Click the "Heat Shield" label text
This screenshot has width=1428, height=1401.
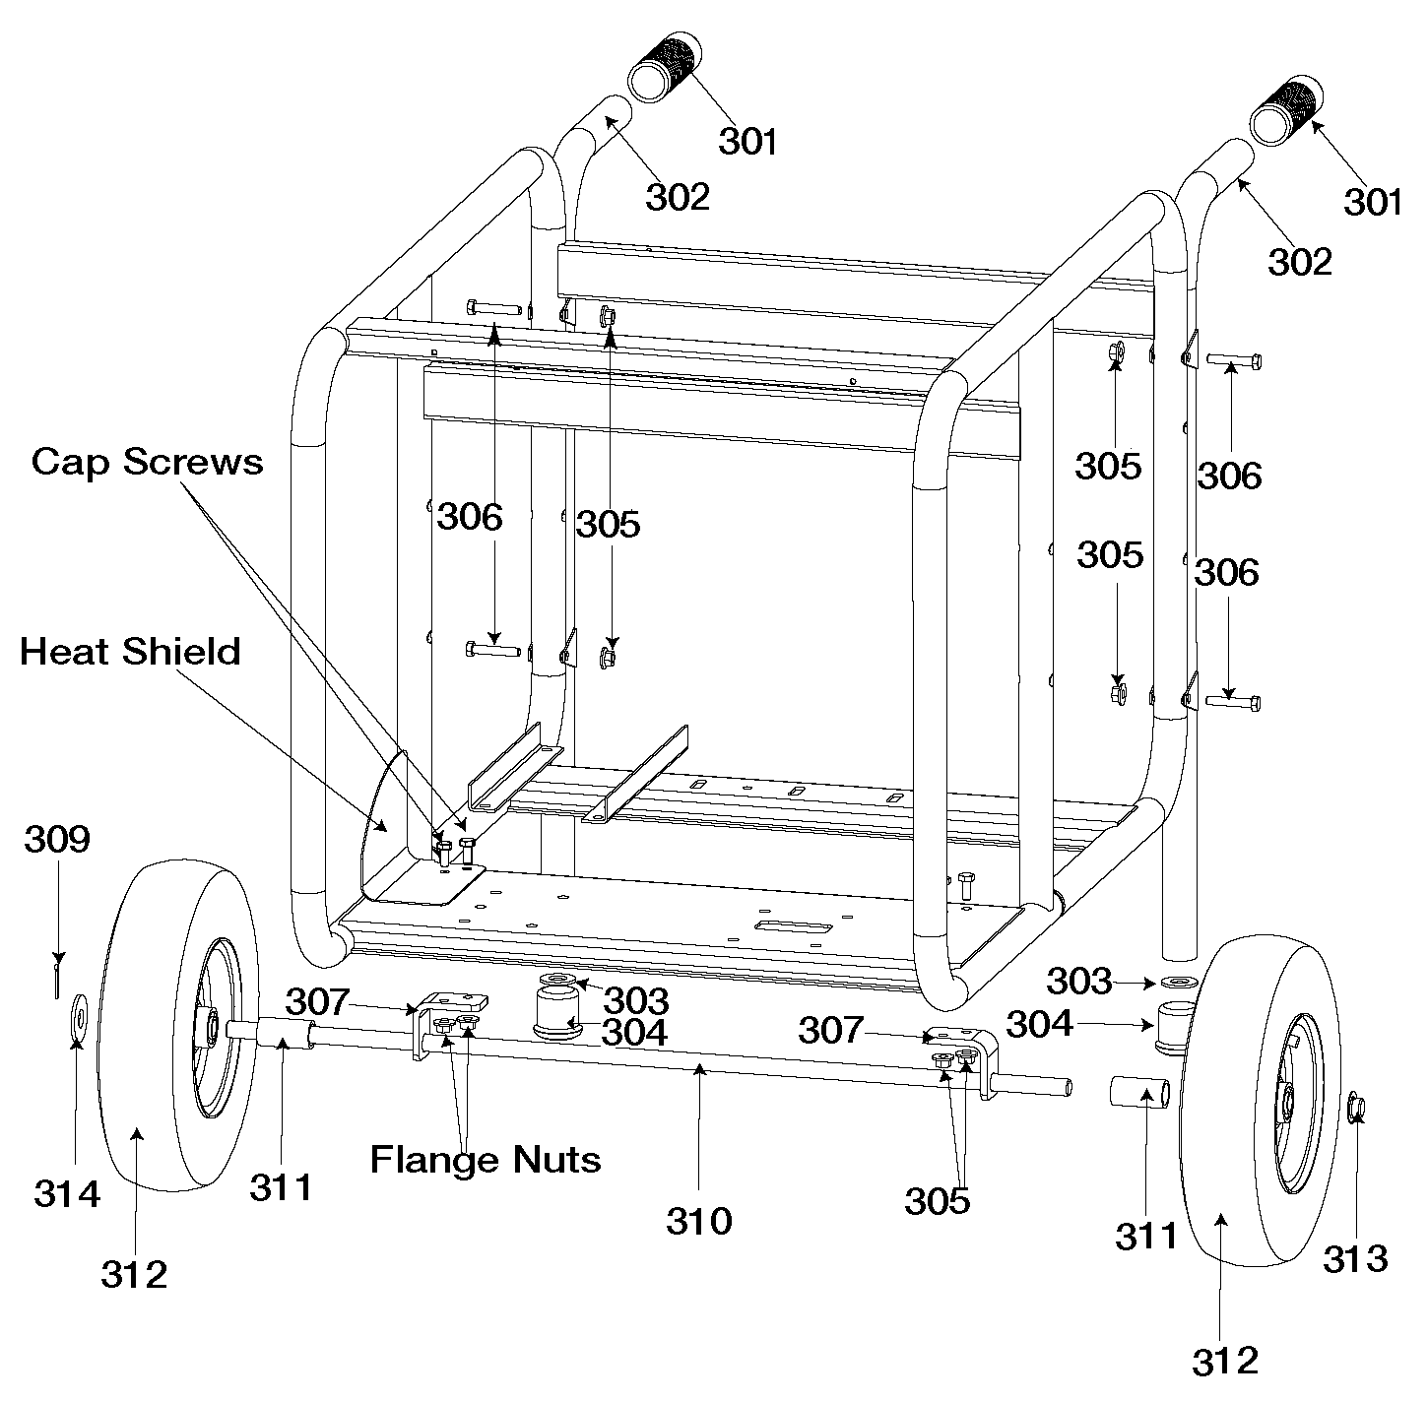pyautogui.click(x=130, y=652)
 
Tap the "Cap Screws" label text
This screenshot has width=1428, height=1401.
pyautogui.click(x=148, y=461)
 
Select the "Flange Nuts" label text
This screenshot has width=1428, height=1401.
pyautogui.click(x=486, y=1159)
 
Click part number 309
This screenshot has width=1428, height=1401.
pyautogui.click(x=57, y=839)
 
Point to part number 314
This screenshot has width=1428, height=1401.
pyautogui.click(x=67, y=1193)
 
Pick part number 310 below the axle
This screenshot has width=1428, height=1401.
pyautogui.click(x=699, y=1221)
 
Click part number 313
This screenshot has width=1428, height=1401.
pyautogui.click(x=1355, y=1257)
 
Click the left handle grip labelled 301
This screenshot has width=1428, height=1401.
pyautogui.click(x=662, y=67)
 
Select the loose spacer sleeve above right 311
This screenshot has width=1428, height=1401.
pyautogui.click(x=1140, y=1093)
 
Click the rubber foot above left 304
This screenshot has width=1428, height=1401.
pyautogui.click(x=557, y=1014)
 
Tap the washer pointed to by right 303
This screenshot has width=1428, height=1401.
pyautogui.click(x=1179, y=983)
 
